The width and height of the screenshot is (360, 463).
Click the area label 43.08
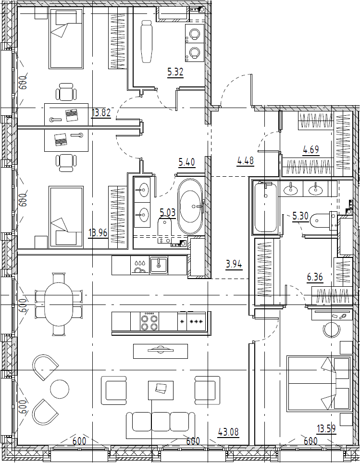[x=228, y=432]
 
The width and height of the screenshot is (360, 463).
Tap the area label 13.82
[x=101, y=112]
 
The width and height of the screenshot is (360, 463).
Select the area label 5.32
[x=175, y=72]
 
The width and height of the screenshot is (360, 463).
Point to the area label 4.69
[x=311, y=150]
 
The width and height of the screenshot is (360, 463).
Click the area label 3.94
[x=234, y=264]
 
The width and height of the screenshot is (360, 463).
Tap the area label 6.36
[x=315, y=277]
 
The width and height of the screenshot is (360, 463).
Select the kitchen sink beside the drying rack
[x=159, y=265]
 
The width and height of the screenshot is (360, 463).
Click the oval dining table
[x=59, y=304]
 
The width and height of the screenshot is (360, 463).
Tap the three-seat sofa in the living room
[x=161, y=423]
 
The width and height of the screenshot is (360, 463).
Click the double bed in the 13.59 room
[x=319, y=383]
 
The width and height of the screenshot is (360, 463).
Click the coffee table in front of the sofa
[x=161, y=390]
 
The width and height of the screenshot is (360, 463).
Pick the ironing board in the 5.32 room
[x=146, y=41]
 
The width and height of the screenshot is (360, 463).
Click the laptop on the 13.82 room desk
[x=72, y=115]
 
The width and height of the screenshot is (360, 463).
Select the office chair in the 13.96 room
[x=66, y=163]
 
